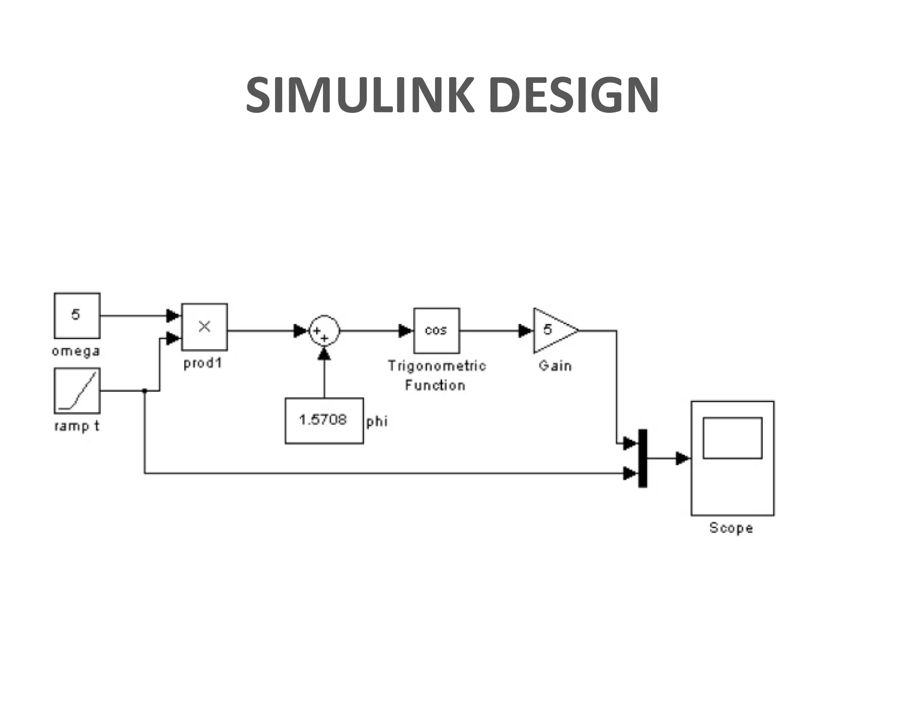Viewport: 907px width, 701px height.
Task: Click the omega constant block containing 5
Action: [77, 315]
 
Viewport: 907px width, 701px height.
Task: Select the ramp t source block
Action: [77, 390]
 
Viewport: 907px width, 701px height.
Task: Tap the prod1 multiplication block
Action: [204, 327]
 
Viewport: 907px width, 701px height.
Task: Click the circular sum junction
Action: [324, 331]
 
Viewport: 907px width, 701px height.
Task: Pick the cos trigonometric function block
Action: [437, 331]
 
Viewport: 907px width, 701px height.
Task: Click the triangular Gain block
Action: [553, 331]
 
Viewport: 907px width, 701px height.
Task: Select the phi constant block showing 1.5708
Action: [324, 421]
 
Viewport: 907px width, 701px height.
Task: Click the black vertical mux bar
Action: [643, 458]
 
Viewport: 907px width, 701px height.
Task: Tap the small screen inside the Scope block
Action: [733, 438]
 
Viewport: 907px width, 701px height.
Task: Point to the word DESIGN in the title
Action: [574, 95]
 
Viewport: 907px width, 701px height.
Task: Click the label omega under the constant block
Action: [76, 351]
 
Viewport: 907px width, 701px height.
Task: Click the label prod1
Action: [203, 363]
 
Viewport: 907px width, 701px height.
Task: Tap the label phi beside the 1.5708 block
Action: [377, 421]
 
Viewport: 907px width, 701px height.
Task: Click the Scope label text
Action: [731, 528]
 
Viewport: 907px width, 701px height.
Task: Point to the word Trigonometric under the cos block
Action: [437, 366]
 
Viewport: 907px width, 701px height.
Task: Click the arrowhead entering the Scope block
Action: [682, 459]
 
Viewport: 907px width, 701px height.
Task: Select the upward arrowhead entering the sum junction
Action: [324, 354]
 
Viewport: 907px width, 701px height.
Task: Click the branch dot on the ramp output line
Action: [144, 391]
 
